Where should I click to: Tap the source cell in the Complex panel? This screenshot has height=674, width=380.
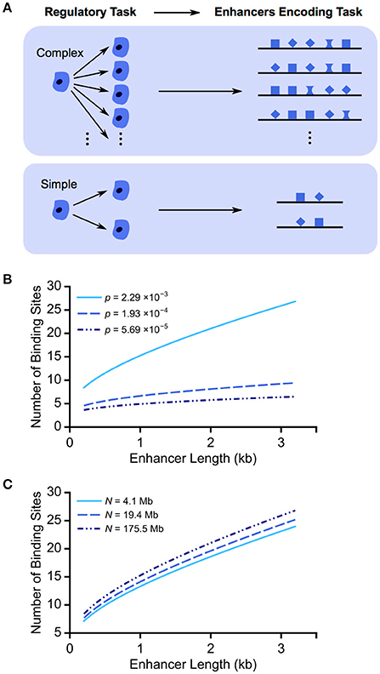coord(60,83)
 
